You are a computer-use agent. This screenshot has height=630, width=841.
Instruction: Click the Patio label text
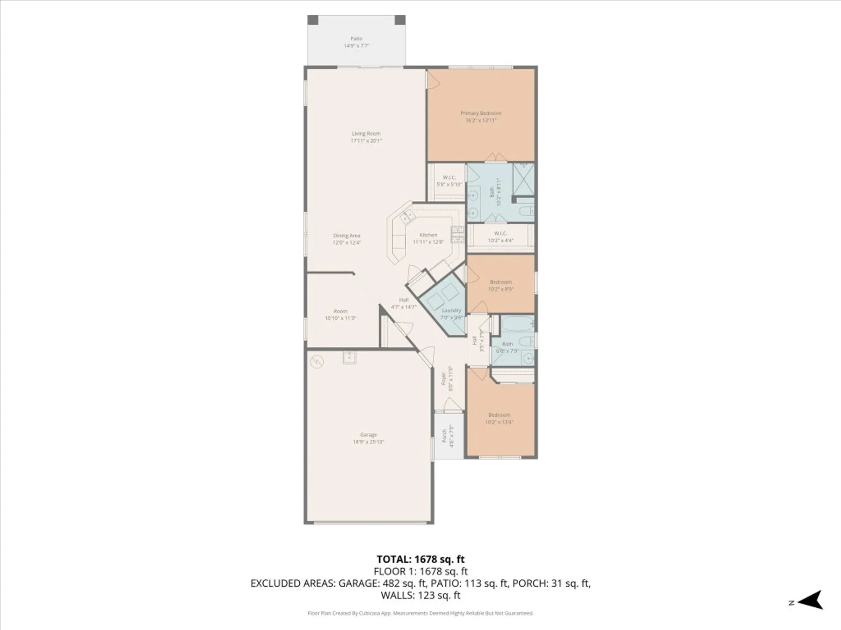pos(356,39)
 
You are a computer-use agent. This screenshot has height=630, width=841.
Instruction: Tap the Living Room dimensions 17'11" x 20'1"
pos(366,141)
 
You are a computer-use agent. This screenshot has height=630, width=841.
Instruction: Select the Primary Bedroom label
pos(481,113)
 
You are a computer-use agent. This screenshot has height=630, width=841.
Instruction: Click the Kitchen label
pos(428,235)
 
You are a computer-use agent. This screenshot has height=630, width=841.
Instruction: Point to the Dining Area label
pos(346,236)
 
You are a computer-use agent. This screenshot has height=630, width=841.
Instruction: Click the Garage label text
pos(368,435)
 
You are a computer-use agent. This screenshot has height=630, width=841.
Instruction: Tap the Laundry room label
pos(451,310)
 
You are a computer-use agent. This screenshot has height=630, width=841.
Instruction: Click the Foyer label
pos(443,378)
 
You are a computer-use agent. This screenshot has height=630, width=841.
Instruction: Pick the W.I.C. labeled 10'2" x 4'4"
pos(500,237)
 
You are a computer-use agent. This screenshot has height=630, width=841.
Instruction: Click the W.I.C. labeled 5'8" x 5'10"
pos(449,181)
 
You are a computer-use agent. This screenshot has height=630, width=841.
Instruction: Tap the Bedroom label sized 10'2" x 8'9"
pos(500,282)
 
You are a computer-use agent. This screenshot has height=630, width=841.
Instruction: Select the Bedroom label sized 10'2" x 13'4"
pos(499,415)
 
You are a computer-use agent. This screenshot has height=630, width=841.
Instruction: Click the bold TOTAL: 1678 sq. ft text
pos(420,559)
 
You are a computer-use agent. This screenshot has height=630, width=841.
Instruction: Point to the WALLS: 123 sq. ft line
pos(420,595)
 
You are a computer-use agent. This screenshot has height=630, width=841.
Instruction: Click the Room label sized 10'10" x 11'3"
pos(340,311)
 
